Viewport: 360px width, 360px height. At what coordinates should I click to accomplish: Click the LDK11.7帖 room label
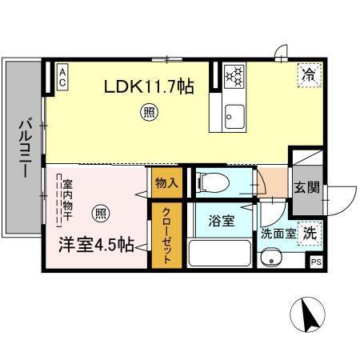pyautogui.click(x=148, y=86)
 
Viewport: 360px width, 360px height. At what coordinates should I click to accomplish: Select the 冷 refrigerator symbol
pyautogui.click(x=309, y=75)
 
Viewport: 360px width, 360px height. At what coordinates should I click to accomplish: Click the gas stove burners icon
pyautogui.click(x=235, y=76)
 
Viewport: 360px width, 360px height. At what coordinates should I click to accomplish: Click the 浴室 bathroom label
pyautogui.click(x=222, y=220)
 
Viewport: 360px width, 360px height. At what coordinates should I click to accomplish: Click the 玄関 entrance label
pyautogui.click(x=306, y=188)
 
